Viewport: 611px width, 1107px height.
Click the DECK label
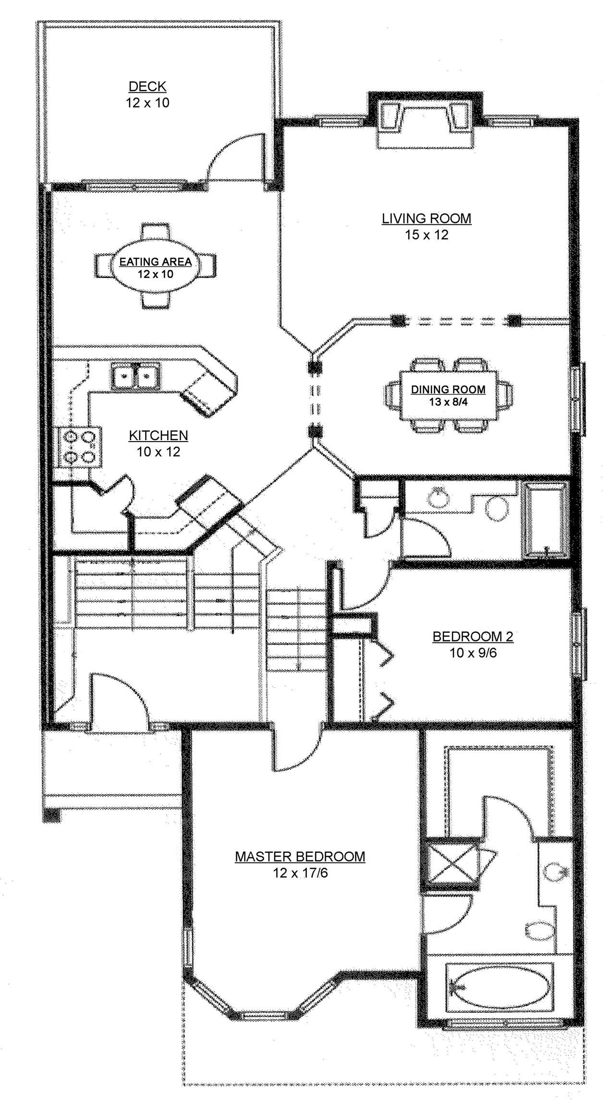pos(147,86)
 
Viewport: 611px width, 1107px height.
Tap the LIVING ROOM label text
pos(426,219)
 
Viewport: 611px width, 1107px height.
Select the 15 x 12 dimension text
pos(426,235)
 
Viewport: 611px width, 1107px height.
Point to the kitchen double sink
pos(136,376)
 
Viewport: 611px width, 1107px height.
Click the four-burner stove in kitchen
pos(80,447)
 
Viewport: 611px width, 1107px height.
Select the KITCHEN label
pos(158,435)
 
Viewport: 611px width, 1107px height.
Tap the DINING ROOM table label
pos(448,390)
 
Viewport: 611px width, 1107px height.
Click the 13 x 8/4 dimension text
pos(448,402)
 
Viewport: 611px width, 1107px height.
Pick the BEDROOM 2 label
pos(473,637)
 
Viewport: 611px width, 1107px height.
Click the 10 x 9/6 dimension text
pos(473,653)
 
